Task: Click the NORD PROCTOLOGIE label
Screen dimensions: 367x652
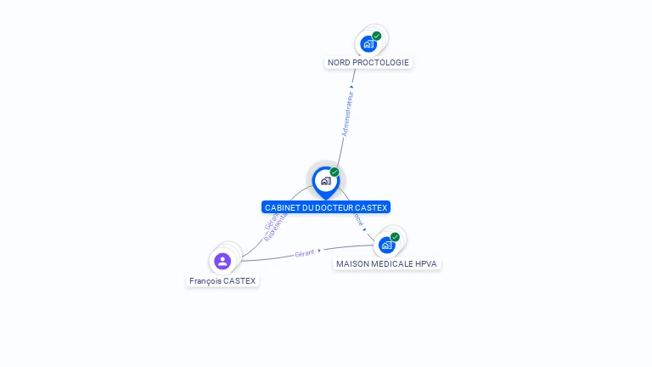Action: coord(368,63)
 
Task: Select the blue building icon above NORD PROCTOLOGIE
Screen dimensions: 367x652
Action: coord(368,43)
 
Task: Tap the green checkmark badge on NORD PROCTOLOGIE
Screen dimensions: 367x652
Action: coord(377,36)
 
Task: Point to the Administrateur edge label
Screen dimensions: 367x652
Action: coord(346,114)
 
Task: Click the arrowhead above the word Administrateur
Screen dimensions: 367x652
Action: coord(351,86)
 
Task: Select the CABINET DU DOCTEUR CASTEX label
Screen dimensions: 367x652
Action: coord(326,207)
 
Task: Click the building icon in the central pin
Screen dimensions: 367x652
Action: coord(325,180)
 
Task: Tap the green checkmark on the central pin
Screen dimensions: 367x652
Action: coord(334,172)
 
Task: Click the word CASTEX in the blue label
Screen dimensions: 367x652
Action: coord(371,207)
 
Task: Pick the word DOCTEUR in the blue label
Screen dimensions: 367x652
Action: coord(332,207)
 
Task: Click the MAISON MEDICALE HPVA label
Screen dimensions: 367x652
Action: coord(386,263)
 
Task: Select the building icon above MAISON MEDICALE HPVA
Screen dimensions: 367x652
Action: coord(386,245)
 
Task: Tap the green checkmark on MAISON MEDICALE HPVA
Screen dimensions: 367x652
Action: coord(395,237)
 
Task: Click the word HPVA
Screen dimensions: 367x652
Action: coord(426,263)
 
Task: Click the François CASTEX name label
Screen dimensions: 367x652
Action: coord(222,280)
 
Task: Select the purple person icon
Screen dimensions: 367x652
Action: coord(222,261)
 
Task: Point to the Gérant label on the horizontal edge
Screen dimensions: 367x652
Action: coord(304,253)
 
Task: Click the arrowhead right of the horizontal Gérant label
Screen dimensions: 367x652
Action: coord(319,251)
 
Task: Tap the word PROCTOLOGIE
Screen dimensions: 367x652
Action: coord(382,63)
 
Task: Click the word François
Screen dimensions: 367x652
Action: coord(206,280)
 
